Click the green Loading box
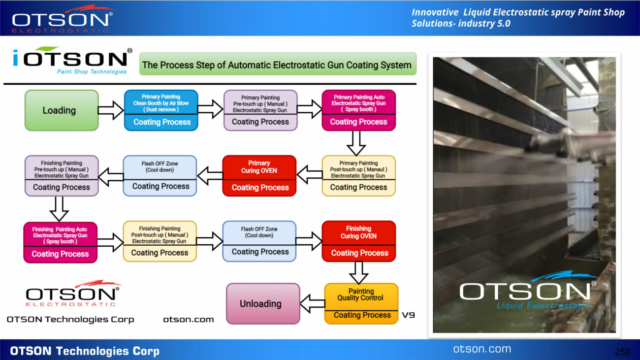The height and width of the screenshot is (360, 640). pyautogui.click(x=62, y=110)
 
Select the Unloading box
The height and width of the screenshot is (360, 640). pyautogui.click(x=263, y=303)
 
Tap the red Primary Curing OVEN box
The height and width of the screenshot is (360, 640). pyautogui.click(x=259, y=176)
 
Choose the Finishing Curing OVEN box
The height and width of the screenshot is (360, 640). pyautogui.click(x=358, y=241)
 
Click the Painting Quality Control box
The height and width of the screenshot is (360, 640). pyautogui.click(x=361, y=303)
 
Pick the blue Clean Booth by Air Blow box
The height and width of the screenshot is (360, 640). pyautogui.click(x=161, y=110)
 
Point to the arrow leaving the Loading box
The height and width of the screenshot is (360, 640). pyautogui.click(x=111, y=110)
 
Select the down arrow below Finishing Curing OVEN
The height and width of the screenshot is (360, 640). pyautogui.click(x=358, y=272)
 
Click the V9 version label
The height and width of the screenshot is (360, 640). pyautogui.click(x=409, y=315)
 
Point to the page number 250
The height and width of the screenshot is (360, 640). pyautogui.click(x=622, y=352)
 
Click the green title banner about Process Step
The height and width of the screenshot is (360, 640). pyautogui.click(x=278, y=65)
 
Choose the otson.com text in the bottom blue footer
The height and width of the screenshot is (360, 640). pyautogui.click(x=482, y=349)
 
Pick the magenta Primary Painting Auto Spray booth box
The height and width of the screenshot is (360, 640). pyautogui.click(x=358, y=110)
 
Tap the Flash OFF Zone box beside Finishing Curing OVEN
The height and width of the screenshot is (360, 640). pyautogui.click(x=259, y=241)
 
